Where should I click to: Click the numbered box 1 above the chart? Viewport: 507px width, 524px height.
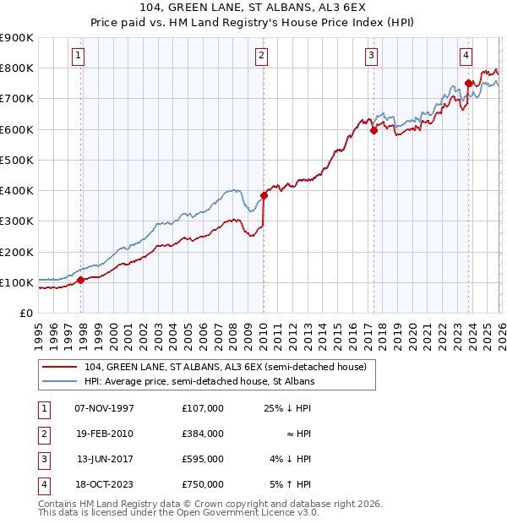coord(78,56)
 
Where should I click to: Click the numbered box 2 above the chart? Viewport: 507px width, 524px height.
coord(261,56)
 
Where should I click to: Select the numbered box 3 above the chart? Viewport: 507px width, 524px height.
coord(371,56)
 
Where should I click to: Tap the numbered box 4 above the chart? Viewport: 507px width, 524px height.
coord(466,56)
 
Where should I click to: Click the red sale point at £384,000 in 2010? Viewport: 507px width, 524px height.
coord(264,195)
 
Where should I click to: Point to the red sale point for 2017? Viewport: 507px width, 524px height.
coord(373,131)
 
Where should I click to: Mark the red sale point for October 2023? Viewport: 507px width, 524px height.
coord(467,83)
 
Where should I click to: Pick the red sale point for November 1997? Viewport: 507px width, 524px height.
coord(81,280)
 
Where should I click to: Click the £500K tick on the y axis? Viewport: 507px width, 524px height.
coord(17,160)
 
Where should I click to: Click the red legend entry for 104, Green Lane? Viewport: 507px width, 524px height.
coord(225,367)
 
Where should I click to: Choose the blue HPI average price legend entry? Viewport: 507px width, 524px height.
coord(199,382)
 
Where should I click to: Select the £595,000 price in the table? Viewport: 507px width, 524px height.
coord(202,460)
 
